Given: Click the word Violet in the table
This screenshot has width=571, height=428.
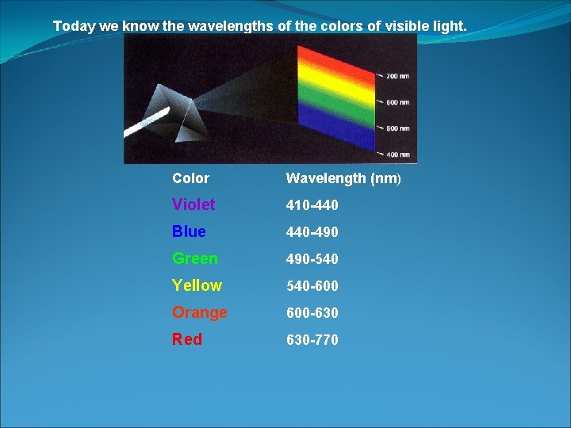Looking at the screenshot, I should point(194,204).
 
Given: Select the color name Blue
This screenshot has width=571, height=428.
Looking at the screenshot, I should point(189,231).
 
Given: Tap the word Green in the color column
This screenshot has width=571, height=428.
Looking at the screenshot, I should point(194,258).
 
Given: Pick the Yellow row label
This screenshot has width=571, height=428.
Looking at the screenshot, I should point(197,285).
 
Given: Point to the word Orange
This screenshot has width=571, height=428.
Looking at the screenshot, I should point(200,312).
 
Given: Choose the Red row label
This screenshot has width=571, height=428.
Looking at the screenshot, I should point(187,339).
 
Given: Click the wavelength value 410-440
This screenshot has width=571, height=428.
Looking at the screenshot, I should point(312,205).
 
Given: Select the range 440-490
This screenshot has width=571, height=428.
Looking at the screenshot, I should point(312,232).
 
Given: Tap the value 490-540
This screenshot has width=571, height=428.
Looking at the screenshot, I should point(312,259).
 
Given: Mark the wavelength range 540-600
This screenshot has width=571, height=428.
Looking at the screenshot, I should point(312,286).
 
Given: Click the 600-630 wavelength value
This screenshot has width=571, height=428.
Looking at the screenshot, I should point(312,313).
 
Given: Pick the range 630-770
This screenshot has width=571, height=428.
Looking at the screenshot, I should point(312,340).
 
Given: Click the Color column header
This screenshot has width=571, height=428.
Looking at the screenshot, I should point(190,178).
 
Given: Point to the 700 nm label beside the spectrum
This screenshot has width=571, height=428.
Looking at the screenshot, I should point(397,77).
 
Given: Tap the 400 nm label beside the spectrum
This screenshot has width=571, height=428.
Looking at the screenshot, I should point(397,154).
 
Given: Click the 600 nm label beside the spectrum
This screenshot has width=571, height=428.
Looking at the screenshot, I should point(397,102).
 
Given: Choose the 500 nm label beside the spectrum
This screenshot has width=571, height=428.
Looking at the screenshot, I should point(397,128).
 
